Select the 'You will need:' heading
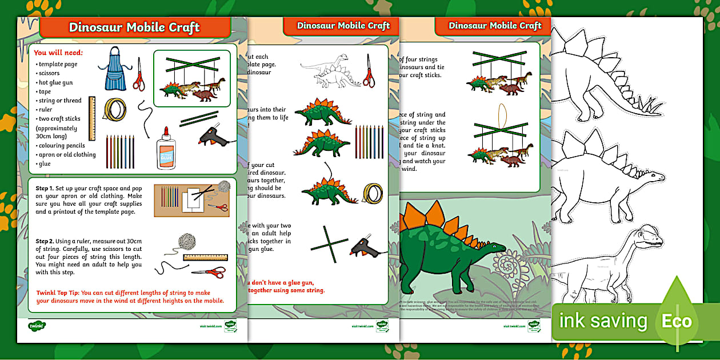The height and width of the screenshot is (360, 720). point(58,53)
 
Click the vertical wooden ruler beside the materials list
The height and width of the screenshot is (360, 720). point(91,118)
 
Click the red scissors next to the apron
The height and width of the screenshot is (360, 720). point(139,74)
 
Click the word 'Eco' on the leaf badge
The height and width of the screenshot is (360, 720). point(677,321)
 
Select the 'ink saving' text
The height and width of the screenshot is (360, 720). point(603,321)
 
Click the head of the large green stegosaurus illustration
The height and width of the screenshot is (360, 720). point(497,247)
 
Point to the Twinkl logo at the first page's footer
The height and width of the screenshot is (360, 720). point(37,326)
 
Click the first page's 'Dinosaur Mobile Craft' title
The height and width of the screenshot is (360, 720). point(134,27)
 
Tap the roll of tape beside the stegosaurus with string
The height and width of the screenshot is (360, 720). point(374,193)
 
